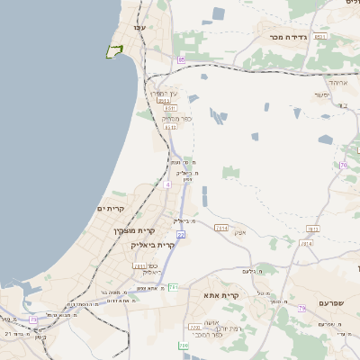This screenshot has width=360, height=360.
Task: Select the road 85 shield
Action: coord(181,59)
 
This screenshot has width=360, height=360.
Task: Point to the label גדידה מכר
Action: coord(288,38)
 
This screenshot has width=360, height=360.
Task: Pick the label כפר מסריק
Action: coord(176,118)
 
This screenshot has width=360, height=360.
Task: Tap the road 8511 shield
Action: coord(169,108)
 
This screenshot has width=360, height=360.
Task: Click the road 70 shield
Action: coord(343,165)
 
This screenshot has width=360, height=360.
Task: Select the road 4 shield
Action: coord(167,184)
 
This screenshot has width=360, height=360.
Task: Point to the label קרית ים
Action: coord(109,209)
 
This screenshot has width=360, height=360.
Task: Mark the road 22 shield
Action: coord(180,235)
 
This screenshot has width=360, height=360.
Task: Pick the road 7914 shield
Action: coord(220,228)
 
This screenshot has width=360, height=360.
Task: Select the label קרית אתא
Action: coord(220,295)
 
